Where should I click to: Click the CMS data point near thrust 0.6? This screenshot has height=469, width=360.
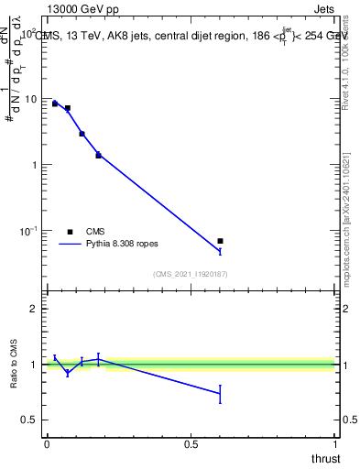pos(220,241)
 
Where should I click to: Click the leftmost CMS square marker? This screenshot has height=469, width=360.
pos(55,104)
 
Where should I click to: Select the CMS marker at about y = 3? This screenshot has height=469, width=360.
pos(82,134)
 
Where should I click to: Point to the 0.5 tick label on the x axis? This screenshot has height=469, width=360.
pos(191,444)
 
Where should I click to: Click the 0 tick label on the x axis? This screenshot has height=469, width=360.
pos(46,444)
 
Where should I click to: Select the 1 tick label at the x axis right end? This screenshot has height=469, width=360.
pos(336,444)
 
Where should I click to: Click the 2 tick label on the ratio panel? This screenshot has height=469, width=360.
pos(34,309)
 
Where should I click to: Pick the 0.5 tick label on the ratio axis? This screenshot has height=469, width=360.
pos(30,420)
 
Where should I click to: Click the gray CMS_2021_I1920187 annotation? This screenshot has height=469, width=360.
pos(191,273)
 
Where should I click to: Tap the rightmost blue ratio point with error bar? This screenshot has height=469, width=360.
pos(220,393)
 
